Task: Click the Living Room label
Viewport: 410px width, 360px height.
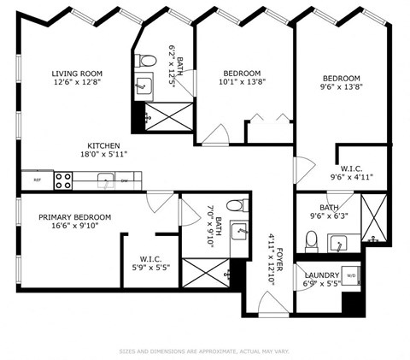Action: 78,74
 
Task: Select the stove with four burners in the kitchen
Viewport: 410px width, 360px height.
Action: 63,180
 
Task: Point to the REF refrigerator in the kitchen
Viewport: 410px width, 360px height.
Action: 37,180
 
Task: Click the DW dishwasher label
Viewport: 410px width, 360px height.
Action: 125,180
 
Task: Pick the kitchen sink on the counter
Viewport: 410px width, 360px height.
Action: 104,180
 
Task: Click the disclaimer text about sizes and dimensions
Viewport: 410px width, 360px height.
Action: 205,350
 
